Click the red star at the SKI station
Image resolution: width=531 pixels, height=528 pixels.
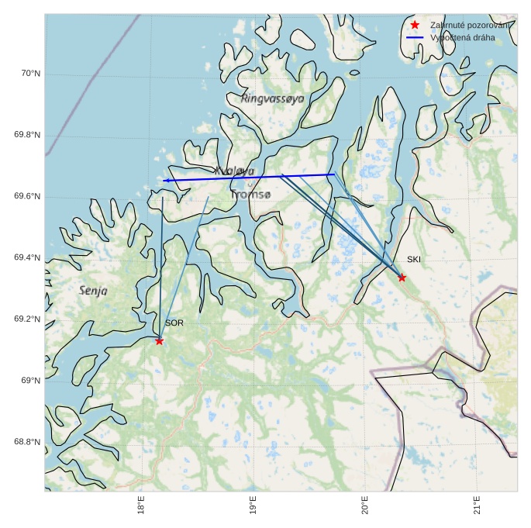[x=402, y=278]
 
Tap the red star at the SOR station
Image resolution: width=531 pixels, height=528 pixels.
[x=159, y=341]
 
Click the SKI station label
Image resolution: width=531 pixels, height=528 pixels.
[x=414, y=260]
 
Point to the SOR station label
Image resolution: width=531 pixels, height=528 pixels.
[x=174, y=323]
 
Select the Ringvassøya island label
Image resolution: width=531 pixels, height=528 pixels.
[x=273, y=98]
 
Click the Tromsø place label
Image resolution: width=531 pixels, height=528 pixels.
[x=250, y=195]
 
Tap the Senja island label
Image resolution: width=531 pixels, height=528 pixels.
[x=94, y=290]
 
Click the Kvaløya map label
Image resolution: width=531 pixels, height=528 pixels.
[x=234, y=171]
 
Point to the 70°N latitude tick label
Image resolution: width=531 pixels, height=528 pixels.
[x=30, y=74]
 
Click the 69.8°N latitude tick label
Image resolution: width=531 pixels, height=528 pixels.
[x=27, y=135]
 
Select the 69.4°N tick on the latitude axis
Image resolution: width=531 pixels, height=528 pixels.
[x=27, y=257]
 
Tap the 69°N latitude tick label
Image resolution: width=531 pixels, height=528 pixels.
[x=30, y=381]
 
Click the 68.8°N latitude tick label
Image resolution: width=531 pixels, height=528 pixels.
[x=27, y=442]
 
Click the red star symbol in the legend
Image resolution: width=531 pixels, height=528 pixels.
[x=415, y=25]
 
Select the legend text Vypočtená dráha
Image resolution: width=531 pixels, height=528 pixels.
[x=462, y=37]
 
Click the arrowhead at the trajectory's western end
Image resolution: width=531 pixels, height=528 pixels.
[x=166, y=181]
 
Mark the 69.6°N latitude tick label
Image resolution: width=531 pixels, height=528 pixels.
[x=27, y=196]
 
